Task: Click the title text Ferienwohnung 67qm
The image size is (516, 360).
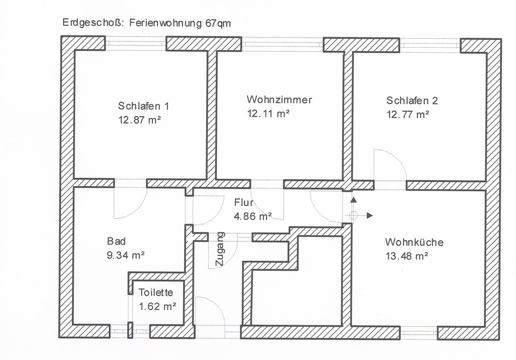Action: (x=180, y=23)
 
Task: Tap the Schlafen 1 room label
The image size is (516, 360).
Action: (x=144, y=106)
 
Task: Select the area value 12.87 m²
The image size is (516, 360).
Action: (x=139, y=120)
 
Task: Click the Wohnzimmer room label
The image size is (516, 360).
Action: (x=279, y=100)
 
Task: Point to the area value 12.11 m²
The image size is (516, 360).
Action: (x=268, y=113)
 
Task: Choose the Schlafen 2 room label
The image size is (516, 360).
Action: (x=412, y=100)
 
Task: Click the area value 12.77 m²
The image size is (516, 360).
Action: (x=408, y=114)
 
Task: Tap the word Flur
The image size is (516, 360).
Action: (x=244, y=202)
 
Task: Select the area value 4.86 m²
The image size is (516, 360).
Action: (x=253, y=216)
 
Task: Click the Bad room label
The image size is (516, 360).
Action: (x=117, y=241)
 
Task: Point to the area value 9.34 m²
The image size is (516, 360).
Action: (x=125, y=255)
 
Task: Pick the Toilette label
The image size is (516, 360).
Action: (x=156, y=292)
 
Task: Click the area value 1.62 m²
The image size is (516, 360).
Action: (x=157, y=306)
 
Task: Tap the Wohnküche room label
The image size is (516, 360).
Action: (x=414, y=242)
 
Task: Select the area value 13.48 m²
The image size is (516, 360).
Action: (x=407, y=256)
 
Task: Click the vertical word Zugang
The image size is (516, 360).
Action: (x=220, y=249)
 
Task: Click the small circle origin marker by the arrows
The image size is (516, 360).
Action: (x=354, y=216)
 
